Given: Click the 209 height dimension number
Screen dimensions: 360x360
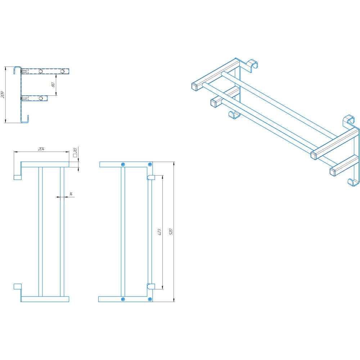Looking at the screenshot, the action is pos(3,95).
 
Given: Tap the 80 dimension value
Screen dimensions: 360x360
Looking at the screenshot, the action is pos(53,85).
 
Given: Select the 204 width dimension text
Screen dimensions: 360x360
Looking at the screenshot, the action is pos(41,149).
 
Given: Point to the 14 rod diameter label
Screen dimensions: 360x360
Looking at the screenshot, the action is pos(71,194).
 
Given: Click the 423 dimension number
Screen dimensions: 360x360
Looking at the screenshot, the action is pos(159,232).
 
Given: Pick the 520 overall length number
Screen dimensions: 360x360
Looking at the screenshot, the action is pos(171,231).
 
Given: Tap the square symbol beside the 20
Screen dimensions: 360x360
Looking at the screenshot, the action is pos(75,156).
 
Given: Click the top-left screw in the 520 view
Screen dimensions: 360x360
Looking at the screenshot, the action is pos(123,165).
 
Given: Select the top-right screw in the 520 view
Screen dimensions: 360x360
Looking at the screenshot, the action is pos(150,165).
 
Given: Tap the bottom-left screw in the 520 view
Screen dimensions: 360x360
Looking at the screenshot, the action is pos(123,299).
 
